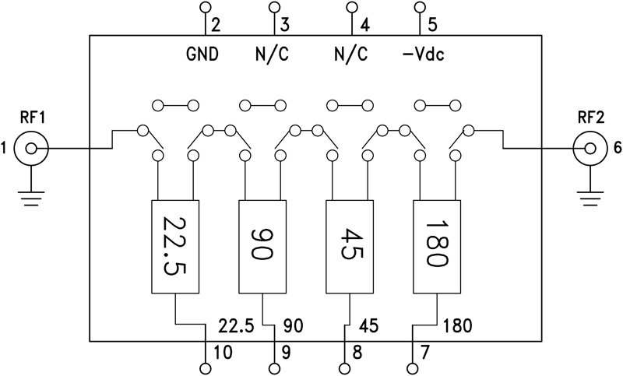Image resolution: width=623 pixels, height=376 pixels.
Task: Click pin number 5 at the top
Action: point(433,24)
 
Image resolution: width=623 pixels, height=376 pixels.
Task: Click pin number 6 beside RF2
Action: point(617,147)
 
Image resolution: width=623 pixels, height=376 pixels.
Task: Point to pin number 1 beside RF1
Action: point(6,147)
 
